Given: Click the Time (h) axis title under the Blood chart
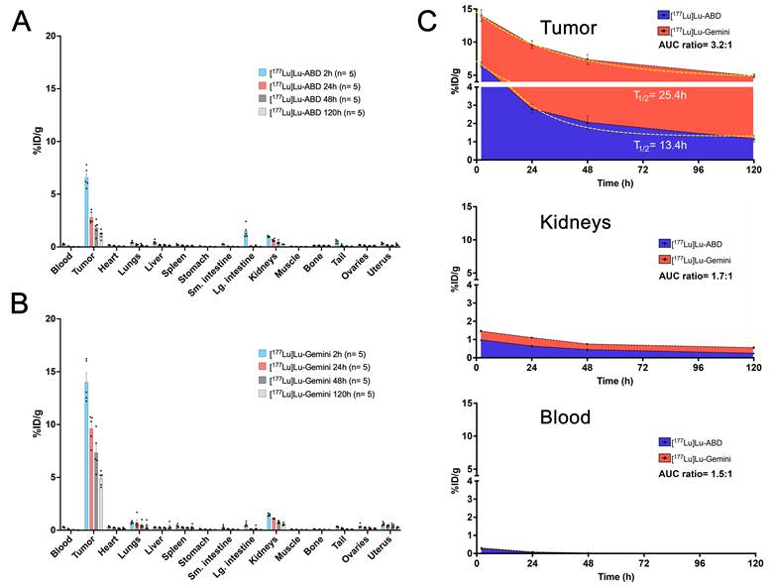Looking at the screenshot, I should (615, 578).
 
